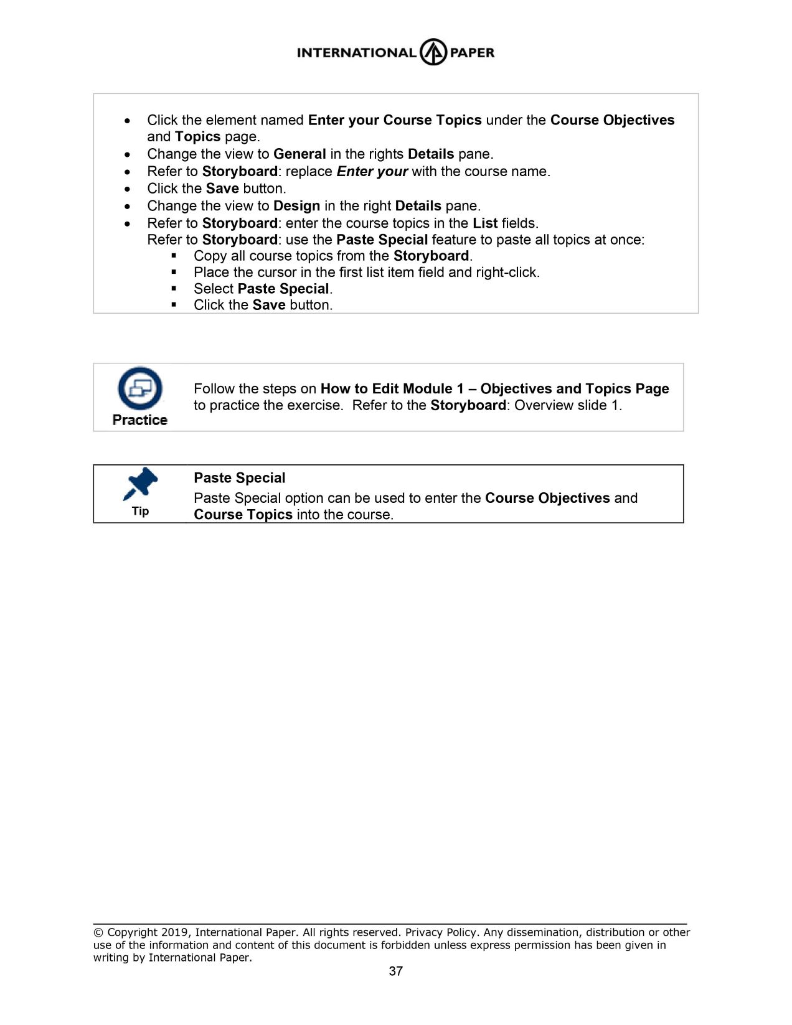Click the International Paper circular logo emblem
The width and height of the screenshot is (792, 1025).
point(433,52)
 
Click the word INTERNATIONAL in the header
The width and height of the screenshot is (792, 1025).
point(356,53)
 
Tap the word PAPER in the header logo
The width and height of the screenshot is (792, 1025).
point(472,53)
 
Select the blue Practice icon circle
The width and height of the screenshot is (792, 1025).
point(140,388)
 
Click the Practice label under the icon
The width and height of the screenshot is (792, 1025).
point(140,420)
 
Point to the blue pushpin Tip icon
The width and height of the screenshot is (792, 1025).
point(141,484)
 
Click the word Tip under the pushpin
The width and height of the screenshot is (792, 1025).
point(140,511)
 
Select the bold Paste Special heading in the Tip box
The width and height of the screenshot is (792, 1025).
point(239,478)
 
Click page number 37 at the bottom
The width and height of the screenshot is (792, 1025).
point(396,971)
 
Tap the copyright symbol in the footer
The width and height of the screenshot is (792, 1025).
point(98,932)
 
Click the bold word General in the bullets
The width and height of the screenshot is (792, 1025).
point(299,154)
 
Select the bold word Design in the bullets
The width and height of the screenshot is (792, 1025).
point(296,206)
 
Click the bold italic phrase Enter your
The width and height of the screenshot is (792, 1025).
point(372,172)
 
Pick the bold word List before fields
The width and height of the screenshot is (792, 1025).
point(485,223)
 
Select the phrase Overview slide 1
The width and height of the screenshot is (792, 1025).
point(568,406)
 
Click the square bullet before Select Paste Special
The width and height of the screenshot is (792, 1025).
point(174,289)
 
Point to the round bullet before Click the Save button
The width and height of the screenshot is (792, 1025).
point(128,189)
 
